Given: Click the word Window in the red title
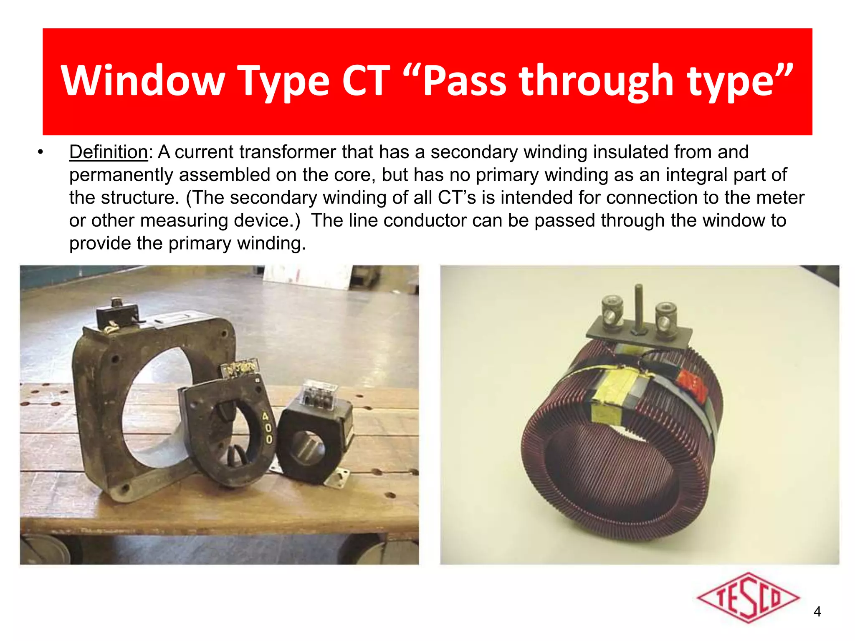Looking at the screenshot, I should [x=143, y=80].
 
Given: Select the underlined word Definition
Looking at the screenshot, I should [x=109, y=152].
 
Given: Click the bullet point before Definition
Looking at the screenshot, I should [x=40, y=152].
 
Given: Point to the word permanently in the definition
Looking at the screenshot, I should [x=121, y=175].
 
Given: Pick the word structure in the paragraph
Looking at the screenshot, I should [x=140, y=198].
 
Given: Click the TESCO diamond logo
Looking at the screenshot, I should [x=748, y=598].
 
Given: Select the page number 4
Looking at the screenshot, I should [x=817, y=612].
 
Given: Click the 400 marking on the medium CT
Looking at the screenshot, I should [x=267, y=427].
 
